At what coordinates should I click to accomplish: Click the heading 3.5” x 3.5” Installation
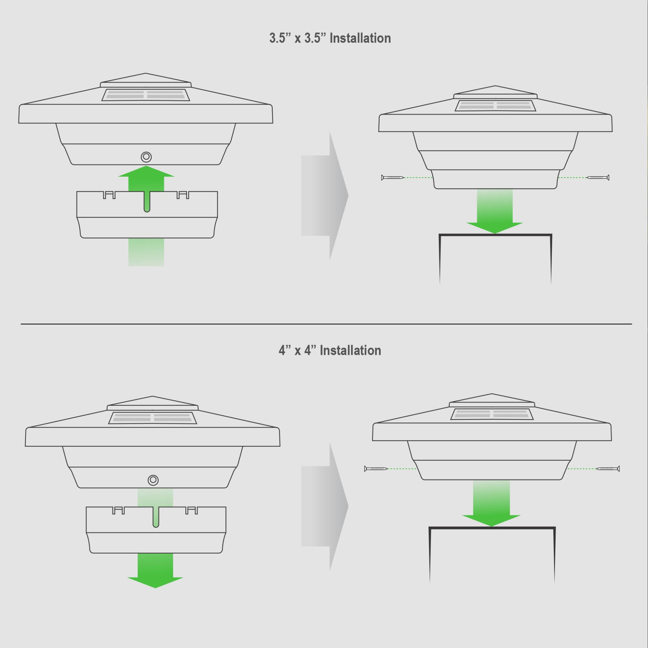pyautogui.click(x=330, y=38)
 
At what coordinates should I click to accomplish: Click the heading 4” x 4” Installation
pyautogui.click(x=330, y=351)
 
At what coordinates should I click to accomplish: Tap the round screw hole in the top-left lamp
pyautogui.click(x=146, y=156)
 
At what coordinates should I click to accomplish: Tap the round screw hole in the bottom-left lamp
pyautogui.click(x=153, y=480)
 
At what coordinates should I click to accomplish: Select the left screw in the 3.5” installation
pyautogui.click(x=393, y=178)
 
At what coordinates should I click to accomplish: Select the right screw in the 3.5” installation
pyautogui.click(x=598, y=178)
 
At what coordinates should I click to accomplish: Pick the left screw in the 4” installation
pyautogui.click(x=376, y=469)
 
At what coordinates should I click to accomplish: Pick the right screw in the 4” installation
pyautogui.click(x=608, y=469)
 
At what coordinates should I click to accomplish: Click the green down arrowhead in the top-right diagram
pyautogui.click(x=494, y=228)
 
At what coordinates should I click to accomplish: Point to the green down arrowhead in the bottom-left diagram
pyautogui.click(x=155, y=582)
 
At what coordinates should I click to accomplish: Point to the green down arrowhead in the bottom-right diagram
pyautogui.click(x=492, y=521)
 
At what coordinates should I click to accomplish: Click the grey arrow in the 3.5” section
pyautogui.click(x=325, y=196)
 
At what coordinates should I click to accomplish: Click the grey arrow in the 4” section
pyautogui.click(x=325, y=506)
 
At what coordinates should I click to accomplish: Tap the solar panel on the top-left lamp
pyautogui.click(x=145, y=95)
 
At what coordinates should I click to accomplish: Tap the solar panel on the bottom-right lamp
pyautogui.click(x=492, y=414)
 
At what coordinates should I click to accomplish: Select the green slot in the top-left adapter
pyautogui.click(x=146, y=202)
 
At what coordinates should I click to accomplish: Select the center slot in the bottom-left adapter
pyautogui.click(x=156, y=517)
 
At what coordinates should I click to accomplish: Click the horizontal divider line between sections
pyautogui.click(x=326, y=324)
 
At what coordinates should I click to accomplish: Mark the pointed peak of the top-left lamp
pyautogui.click(x=145, y=73)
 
